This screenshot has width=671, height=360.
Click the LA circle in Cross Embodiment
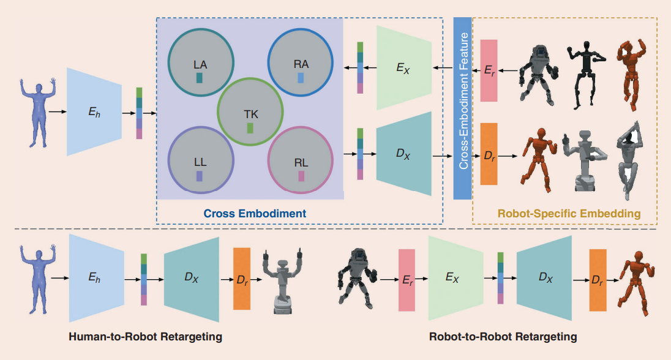pyautogui.click(x=200, y=61)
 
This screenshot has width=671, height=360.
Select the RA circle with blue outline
pyautogui.click(x=300, y=61)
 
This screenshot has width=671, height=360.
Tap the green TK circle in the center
pyautogui.click(x=250, y=110)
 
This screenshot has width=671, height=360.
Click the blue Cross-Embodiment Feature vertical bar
pyautogui.click(x=462, y=108)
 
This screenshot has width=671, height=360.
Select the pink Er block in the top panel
pyautogui.click(x=489, y=71)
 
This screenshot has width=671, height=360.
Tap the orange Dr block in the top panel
pyautogui.click(x=489, y=154)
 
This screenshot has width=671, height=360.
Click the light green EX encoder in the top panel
pyautogui.click(x=403, y=67)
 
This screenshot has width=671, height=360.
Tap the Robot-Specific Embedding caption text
pyautogui.click(x=569, y=214)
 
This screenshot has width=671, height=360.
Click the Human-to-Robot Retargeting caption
pyautogui.click(x=145, y=337)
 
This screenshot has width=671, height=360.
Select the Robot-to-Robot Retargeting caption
pyautogui.click(x=503, y=337)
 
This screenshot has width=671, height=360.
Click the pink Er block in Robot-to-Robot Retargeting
pyautogui.click(x=407, y=279)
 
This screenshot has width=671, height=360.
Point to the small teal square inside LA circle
pyautogui.click(x=199, y=78)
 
